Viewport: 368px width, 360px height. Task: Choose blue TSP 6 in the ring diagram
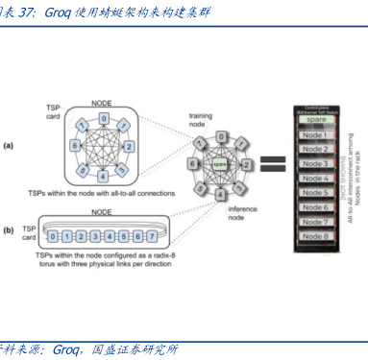74,144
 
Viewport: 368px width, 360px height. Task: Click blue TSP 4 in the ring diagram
103,176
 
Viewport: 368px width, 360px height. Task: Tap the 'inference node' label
245,212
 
